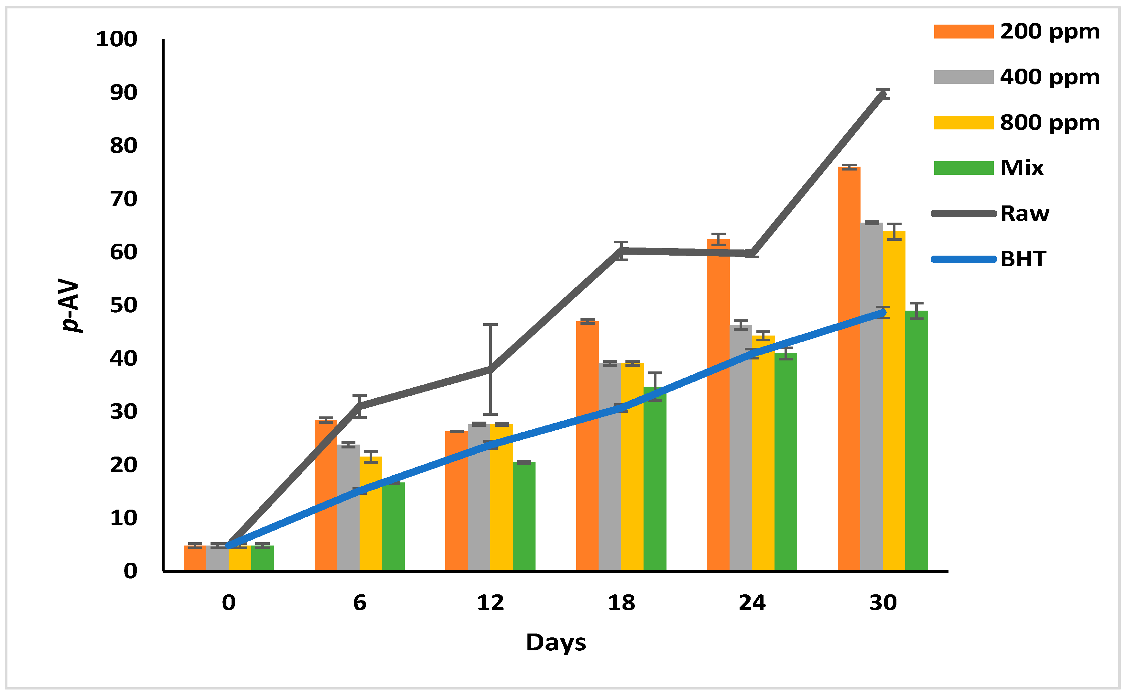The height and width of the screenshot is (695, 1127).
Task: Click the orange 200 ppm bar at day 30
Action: pyautogui.click(x=849, y=368)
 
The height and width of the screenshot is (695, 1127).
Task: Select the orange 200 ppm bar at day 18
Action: pyautogui.click(x=587, y=446)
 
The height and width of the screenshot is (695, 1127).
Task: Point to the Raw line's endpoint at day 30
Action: pyautogui.click(x=882, y=94)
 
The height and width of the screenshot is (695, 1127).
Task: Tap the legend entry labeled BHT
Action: pyautogui.click(x=1023, y=259)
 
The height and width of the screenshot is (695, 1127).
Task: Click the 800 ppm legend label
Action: pyautogui.click(x=1049, y=123)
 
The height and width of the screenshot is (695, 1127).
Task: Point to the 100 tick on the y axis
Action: pyautogui.click(x=117, y=39)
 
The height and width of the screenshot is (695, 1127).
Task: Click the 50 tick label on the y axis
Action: pyautogui.click(x=124, y=306)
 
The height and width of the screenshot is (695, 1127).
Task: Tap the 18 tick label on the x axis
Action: pyautogui.click(x=621, y=602)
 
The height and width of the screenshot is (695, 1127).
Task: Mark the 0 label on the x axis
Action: pyautogui.click(x=229, y=602)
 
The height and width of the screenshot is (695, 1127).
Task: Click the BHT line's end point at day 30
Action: pyautogui.click(x=882, y=313)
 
